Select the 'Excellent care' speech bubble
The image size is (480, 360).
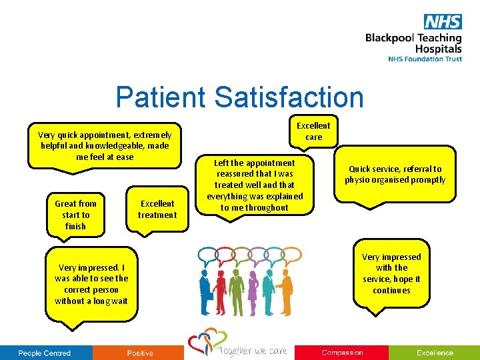tap(313, 131)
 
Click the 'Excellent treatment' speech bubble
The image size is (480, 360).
tap(157, 209)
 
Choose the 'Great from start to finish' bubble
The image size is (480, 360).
tap(75, 215)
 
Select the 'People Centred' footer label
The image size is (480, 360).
tap(44, 353)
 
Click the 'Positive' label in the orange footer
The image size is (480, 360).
tap(140, 353)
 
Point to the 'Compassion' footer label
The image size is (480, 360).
tap(342, 353)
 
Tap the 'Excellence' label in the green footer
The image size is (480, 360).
tap(435, 353)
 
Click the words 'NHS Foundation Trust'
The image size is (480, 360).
tap(425, 59)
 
